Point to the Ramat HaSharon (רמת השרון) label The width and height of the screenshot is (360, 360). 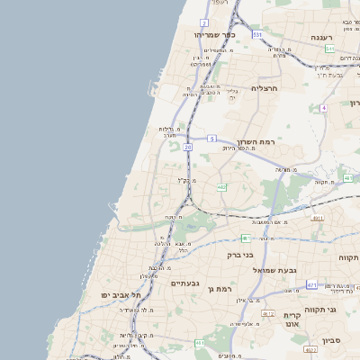(x=256, y=142)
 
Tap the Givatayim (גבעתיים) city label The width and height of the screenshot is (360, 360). (x=184, y=283)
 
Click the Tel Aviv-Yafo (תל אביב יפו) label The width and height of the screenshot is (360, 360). (x=122, y=295)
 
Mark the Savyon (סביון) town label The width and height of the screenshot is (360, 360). (x=332, y=340)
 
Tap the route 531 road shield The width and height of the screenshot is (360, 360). (x=257, y=34)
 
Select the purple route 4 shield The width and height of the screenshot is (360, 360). (x=322, y=108)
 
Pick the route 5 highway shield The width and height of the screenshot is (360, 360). (x=211, y=138)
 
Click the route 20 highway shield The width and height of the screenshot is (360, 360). (x=187, y=146)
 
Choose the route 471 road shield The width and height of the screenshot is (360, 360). (x=311, y=285)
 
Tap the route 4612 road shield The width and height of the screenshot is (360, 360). (x=268, y=313)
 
